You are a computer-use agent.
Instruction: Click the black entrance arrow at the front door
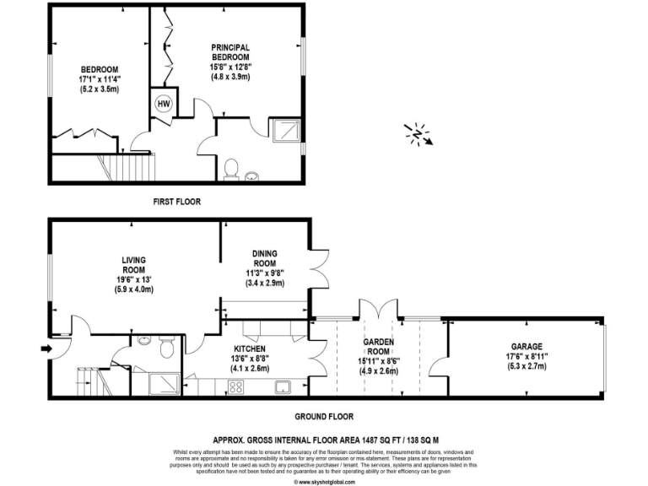tap(44, 347)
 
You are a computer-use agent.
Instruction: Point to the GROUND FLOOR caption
tap(323, 416)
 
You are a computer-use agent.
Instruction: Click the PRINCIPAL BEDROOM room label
tap(231, 51)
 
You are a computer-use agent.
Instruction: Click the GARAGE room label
tap(526, 346)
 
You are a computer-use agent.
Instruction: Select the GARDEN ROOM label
tap(375, 345)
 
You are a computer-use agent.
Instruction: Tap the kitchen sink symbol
tap(282, 387)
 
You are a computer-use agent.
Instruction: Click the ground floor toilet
tap(166, 345)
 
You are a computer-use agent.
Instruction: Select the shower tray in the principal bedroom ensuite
tap(284, 129)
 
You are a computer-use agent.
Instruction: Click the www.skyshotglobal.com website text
tap(323, 481)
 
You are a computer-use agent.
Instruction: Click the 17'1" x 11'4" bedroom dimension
tap(99, 79)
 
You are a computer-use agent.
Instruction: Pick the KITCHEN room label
tap(250, 349)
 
